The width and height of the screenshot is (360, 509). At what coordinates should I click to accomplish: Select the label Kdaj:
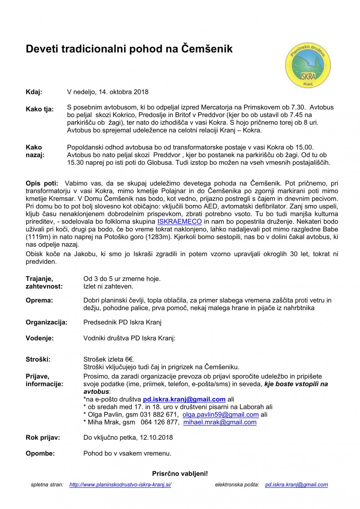pyautogui.click(x=34, y=92)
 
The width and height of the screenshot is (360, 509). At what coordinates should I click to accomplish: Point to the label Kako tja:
pyautogui.click(x=40, y=109)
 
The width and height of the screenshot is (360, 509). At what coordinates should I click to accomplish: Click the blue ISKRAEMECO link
pyautogui.click(x=179, y=222)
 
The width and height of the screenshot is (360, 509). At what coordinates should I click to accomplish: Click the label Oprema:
pyautogui.click(x=39, y=300)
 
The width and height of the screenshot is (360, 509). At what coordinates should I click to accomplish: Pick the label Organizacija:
pyautogui.click(x=46, y=322)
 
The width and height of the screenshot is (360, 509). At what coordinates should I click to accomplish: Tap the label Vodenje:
pyautogui.click(x=40, y=338)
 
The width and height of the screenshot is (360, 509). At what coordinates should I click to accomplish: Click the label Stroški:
pyautogui.click(x=38, y=359)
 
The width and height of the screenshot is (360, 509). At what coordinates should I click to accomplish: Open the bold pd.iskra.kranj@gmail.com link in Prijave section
pyautogui.click(x=184, y=399)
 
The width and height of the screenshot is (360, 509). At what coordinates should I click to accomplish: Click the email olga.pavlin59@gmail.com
pyautogui.click(x=220, y=414)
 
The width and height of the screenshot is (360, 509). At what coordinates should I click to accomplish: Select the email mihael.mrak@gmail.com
pyautogui.click(x=220, y=422)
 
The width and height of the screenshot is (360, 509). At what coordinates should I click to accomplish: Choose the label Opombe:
pyautogui.click(x=40, y=454)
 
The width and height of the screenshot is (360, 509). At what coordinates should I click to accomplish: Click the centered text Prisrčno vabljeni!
pyautogui.click(x=180, y=474)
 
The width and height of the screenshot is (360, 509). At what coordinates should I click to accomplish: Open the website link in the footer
pyautogui.click(x=120, y=485)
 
